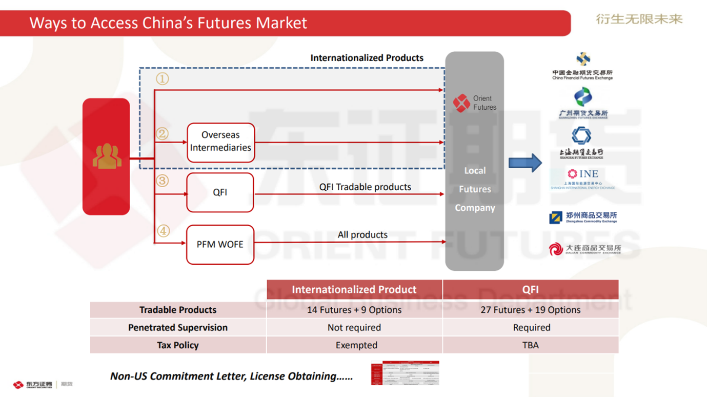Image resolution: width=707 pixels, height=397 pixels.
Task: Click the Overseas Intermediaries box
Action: (220, 142)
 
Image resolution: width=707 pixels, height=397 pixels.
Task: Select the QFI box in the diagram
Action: (220, 192)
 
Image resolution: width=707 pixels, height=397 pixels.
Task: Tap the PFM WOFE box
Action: (220, 245)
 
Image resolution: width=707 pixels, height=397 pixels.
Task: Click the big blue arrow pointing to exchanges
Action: (525, 163)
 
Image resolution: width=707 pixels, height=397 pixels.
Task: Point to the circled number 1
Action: (162, 78)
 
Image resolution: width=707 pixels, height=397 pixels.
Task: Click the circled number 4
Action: (163, 231)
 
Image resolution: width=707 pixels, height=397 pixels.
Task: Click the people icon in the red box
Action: (107, 156)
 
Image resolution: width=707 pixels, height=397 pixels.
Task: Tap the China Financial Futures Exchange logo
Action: (582, 66)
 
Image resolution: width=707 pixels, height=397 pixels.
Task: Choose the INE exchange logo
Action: (582, 178)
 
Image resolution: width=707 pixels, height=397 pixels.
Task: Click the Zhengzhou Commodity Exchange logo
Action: (583, 217)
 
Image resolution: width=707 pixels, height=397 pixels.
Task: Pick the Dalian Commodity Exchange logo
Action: (584, 249)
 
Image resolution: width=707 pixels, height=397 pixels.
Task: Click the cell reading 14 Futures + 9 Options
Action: (354, 310)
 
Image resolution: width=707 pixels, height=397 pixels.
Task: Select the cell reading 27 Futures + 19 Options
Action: (530, 310)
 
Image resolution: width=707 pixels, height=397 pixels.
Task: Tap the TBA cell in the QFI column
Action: (530, 345)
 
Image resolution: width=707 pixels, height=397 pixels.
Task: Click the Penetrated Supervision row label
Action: (178, 327)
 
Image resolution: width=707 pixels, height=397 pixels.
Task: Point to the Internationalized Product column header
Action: (354, 289)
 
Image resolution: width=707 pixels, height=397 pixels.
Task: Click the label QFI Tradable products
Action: (365, 187)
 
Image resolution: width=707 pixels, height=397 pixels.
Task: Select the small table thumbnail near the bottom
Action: (405, 373)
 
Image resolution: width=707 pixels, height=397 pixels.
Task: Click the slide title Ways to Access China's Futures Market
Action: (168, 23)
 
